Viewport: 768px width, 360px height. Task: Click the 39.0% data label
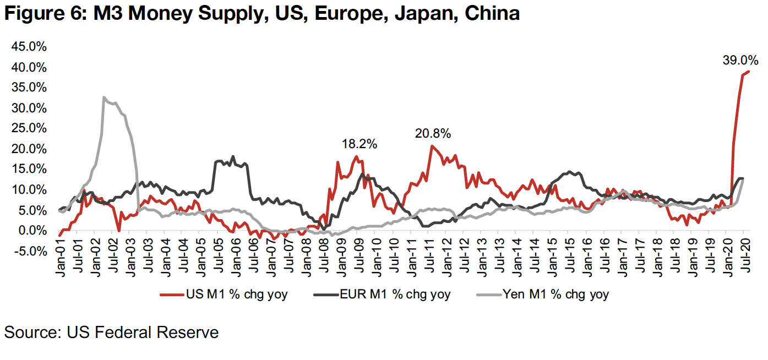coord(740,60)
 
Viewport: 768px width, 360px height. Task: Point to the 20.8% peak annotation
coord(433,133)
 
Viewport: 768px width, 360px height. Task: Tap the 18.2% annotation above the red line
coord(359,144)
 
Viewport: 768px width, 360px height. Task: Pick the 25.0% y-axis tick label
coord(29,128)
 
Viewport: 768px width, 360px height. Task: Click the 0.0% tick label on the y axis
coord(32,231)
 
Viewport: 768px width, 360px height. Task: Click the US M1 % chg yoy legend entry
coord(231,294)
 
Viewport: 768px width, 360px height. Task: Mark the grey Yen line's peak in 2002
coord(104,97)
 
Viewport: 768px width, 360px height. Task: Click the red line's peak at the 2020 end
coord(749,72)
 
